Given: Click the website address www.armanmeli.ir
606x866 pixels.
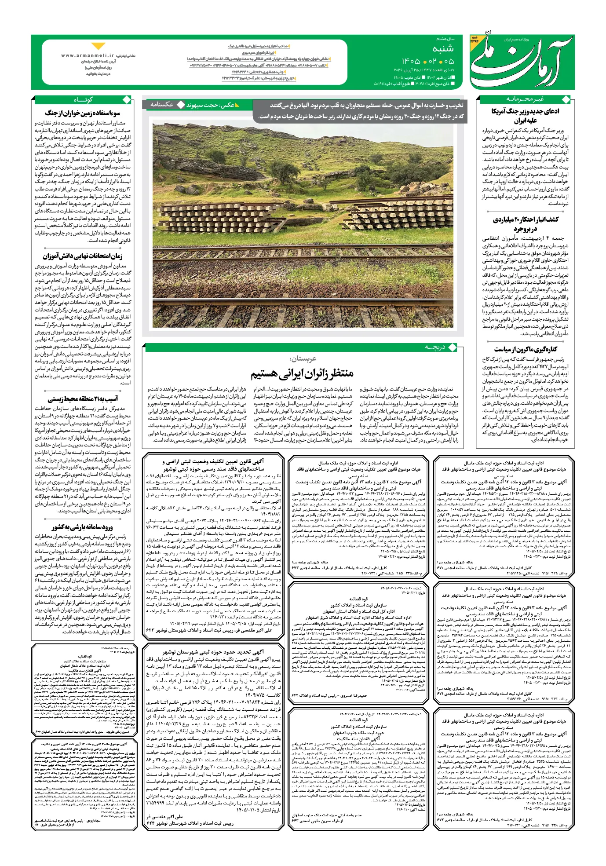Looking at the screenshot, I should [88, 56].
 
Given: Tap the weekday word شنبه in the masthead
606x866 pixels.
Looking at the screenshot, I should [442, 49].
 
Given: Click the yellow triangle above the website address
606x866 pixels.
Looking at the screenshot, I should [99, 46].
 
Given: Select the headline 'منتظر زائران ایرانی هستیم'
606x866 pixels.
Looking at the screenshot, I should [302, 374].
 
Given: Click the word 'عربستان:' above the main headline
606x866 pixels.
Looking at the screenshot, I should [303, 358].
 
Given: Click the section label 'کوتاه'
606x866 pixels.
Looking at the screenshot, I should [83, 99].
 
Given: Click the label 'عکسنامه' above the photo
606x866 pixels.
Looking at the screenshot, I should [162, 105].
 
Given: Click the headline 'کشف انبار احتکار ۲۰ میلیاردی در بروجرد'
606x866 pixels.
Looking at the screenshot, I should [525, 224].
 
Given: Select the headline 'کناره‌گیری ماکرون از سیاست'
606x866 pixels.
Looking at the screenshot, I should [525, 349].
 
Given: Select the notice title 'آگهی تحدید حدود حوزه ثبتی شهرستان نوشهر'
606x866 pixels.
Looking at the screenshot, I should [213, 652].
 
